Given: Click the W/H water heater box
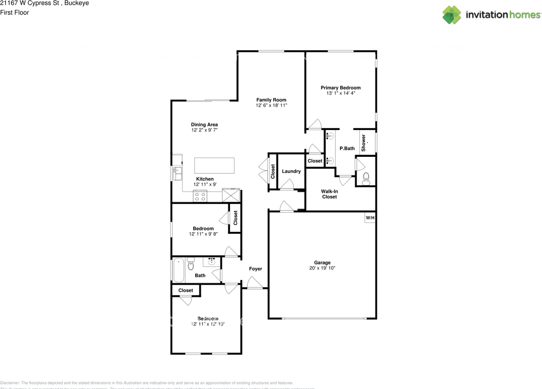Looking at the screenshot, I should pos(370,218).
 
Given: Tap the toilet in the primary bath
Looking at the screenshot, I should pos(366,178).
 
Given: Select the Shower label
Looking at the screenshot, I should pos(364,143).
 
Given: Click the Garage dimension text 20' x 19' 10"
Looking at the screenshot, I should pos(322,268).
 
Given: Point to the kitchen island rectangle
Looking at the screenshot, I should pos(214,165).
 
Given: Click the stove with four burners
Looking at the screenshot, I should pos(200,196).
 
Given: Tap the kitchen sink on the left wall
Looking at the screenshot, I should pos(177,173).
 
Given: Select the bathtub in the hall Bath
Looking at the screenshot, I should pos(179,270).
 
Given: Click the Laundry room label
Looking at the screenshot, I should pos(291,171).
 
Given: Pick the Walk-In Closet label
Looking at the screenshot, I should pos(329,194).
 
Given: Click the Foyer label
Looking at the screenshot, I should pos(255,269).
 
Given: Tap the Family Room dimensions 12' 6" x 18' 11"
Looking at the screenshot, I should pos(271,105).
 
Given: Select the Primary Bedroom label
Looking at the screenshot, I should pos(340,88).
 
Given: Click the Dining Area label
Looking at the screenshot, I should pos(204,125).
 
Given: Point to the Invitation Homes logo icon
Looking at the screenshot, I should pos(452,15).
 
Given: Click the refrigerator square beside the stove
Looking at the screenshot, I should pos(231,195).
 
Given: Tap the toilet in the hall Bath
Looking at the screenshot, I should pos(191,264).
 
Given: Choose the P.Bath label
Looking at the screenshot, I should pos(347,148).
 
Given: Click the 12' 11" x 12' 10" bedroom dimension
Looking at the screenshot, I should pos(207,324).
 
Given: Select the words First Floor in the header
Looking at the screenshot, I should pos(14,12).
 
